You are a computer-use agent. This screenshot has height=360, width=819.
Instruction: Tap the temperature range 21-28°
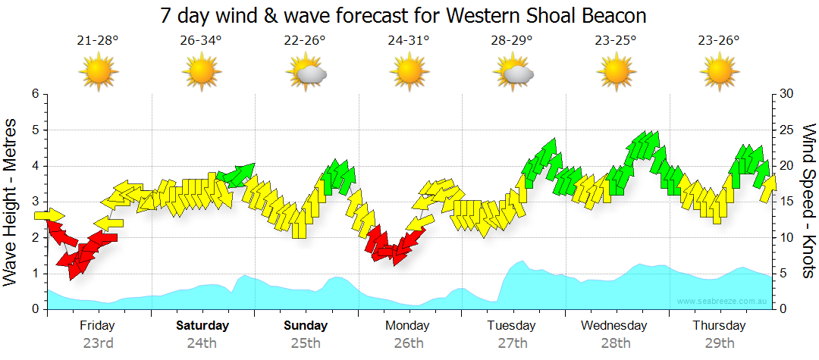tap(98, 41)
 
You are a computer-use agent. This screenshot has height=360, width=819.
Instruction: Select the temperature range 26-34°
tap(201, 41)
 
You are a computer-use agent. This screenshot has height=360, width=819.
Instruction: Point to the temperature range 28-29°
tap(512, 41)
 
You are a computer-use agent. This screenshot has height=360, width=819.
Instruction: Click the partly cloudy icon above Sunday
tap(306, 73)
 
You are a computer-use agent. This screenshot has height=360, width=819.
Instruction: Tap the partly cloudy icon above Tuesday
tap(513, 73)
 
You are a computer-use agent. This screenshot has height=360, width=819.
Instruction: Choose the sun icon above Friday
tap(99, 73)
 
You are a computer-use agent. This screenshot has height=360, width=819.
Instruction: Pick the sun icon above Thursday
tap(719, 73)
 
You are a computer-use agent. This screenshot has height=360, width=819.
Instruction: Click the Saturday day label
tap(202, 326)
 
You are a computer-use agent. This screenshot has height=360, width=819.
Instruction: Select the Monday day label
tap(408, 326)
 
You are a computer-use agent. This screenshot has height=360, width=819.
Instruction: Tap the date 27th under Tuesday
tap(513, 343)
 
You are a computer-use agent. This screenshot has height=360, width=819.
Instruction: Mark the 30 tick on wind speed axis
tap(786, 94)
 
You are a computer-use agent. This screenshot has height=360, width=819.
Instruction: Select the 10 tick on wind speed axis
tap(786, 238)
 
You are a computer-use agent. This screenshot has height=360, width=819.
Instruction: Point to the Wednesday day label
tap(614, 326)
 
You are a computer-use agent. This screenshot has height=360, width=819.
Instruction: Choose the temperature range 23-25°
tap(616, 41)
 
